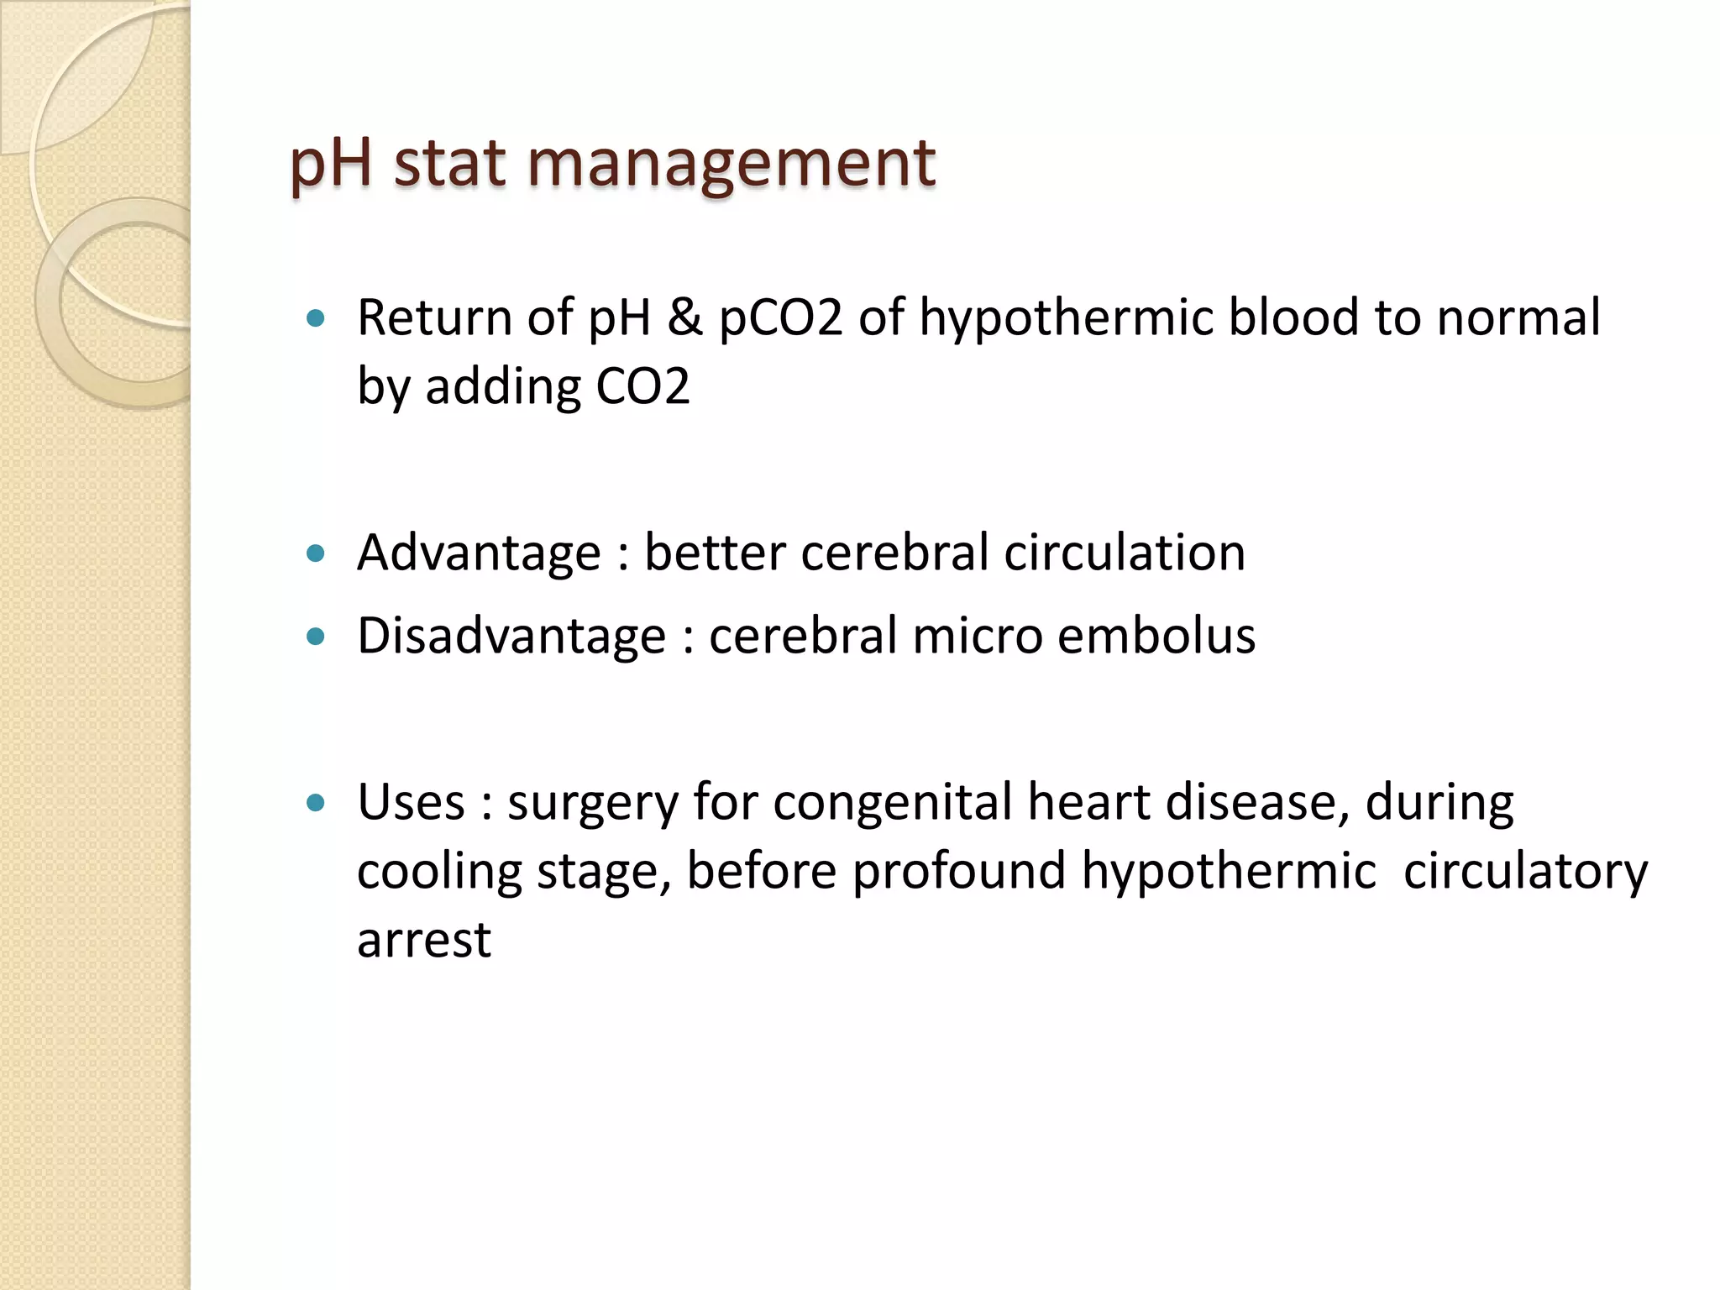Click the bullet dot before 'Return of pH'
tap(316, 319)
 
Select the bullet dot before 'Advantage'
tap(316, 553)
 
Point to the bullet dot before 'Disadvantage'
tap(316, 637)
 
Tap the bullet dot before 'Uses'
tap(316, 803)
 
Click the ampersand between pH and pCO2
tap(685, 318)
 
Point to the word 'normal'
tap(1518, 318)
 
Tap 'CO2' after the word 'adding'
tap(642, 387)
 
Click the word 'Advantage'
tap(479, 553)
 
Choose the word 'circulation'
tap(1125, 553)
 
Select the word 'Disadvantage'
tap(511, 636)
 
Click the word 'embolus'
tap(1156, 636)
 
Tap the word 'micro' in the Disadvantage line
tap(977, 636)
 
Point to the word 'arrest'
tap(424, 940)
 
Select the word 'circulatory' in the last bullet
tap(1525, 871)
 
